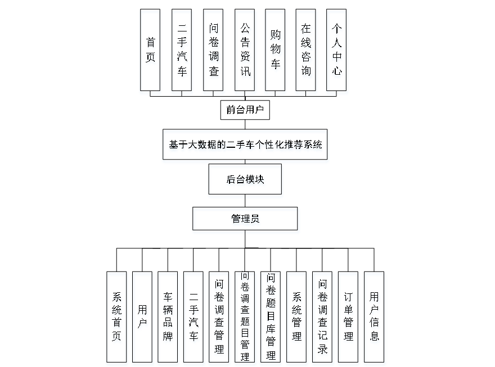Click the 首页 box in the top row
[x=150, y=49]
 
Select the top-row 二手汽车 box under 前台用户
[x=182, y=49]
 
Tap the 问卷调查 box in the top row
[x=213, y=49]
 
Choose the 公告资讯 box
[x=245, y=49]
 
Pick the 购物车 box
[x=275, y=49]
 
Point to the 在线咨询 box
[x=305, y=49]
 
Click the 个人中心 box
[x=336, y=49]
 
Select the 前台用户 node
[x=245, y=110]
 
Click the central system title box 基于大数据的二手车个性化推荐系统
[x=245, y=144]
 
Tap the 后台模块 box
[x=245, y=179]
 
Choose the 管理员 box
[x=245, y=219]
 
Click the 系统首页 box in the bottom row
[x=116, y=316]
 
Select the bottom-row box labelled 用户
[x=142, y=316]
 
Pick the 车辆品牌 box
[x=168, y=316]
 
